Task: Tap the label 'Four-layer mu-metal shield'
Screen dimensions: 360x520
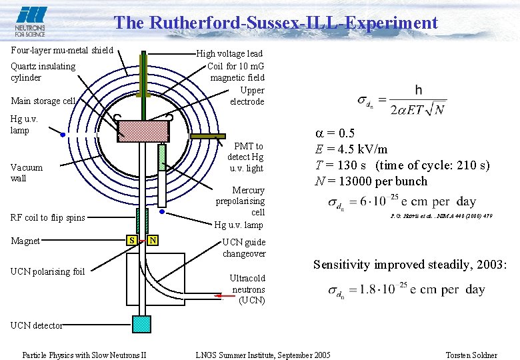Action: point(62,50)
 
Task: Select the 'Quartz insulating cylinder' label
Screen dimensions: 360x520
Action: point(43,71)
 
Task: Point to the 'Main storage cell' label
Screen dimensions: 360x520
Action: point(43,101)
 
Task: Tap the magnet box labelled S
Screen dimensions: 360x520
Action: point(133,239)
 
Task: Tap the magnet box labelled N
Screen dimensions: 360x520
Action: point(153,239)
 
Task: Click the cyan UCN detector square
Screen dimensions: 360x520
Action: point(142,323)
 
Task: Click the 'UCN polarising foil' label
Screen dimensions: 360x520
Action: point(48,271)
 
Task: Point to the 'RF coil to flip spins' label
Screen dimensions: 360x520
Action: point(48,217)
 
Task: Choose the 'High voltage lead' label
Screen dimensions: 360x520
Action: point(229,53)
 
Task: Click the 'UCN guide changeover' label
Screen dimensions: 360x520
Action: point(243,248)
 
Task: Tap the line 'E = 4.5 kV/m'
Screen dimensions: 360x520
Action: point(351,149)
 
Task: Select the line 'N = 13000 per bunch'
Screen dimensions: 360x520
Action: point(371,181)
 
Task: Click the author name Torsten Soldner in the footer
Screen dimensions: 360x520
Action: point(472,355)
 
